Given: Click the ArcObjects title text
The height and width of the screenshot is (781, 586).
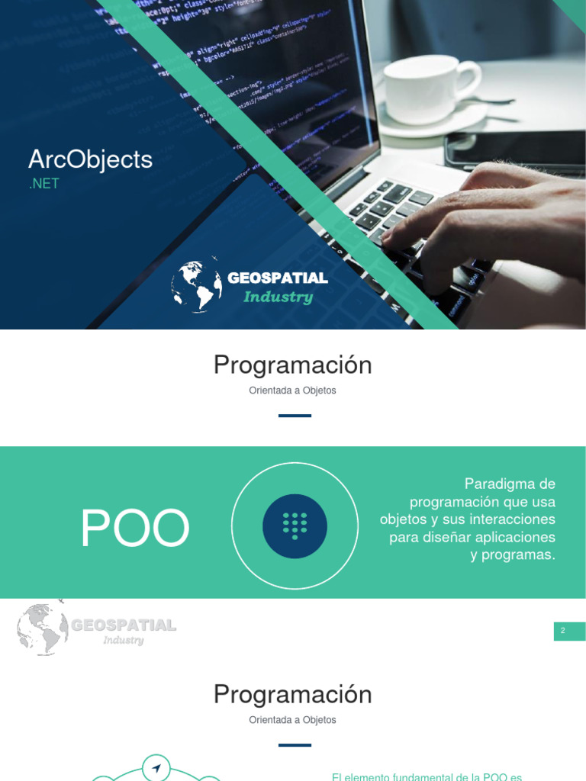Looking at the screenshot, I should click(x=90, y=159).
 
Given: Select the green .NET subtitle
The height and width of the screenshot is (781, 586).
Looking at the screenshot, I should click(x=43, y=184).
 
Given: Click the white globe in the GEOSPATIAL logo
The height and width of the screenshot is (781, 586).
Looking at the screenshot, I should click(x=196, y=284).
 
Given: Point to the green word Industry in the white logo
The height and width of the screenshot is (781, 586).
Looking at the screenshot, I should click(x=278, y=297).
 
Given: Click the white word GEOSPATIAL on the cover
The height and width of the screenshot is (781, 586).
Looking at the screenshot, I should click(x=278, y=278).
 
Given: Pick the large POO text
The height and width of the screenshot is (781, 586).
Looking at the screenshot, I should click(x=135, y=529).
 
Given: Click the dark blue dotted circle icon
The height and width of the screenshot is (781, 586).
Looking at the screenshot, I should click(x=295, y=526).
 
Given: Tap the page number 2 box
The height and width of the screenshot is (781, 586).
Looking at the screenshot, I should click(x=569, y=631).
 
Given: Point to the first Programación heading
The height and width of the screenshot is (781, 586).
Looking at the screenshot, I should click(x=292, y=365).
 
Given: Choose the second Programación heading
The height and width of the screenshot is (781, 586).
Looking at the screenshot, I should click(x=292, y=695).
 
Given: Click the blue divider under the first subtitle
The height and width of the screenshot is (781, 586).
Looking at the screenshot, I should click(x=295, y=416).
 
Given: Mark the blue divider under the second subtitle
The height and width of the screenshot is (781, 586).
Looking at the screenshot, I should click(x=295, y=745).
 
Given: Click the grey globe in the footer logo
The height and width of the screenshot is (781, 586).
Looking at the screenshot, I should click(x=42, y=628).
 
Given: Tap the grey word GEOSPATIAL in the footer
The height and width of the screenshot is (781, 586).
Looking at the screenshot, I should click(x=124, y=625).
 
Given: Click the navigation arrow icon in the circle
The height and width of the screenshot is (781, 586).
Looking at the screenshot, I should click(x=156, y=768).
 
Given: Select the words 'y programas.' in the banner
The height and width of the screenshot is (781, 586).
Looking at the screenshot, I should click(x=513, y=554).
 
